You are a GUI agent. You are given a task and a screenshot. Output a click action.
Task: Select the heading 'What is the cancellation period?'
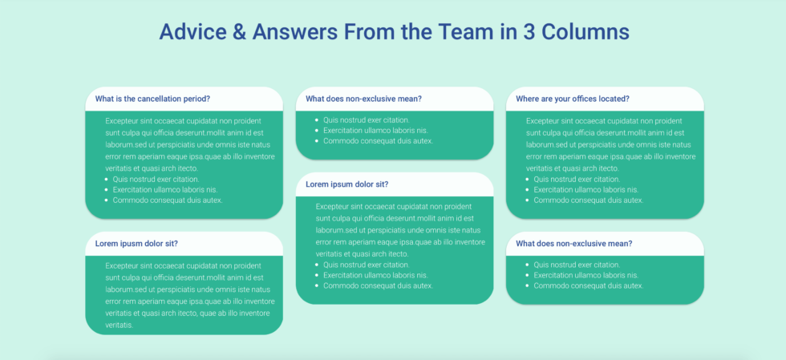point(152,99)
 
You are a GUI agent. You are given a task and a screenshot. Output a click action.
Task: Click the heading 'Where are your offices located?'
point(572,99)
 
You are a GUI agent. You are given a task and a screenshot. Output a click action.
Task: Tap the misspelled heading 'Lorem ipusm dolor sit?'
point(136,244)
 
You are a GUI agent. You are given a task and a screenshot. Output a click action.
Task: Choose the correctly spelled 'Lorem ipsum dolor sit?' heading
point(347,184)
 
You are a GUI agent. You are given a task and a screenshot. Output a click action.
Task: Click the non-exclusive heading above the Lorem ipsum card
point(363,99)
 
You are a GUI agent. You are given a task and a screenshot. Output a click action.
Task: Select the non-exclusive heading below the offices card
point(573,244)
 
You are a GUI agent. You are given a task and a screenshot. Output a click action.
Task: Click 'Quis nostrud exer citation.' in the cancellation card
point(156,180)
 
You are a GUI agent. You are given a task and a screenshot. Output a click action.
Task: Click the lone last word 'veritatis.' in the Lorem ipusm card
point(119,325)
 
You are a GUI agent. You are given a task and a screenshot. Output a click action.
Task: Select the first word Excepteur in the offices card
point(542,120)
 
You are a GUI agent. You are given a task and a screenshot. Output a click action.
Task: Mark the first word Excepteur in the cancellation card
point(121,120)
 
